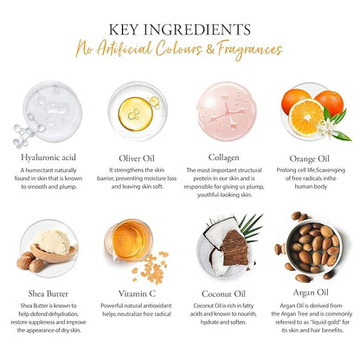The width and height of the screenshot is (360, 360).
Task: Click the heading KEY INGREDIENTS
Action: (x=179, y=29)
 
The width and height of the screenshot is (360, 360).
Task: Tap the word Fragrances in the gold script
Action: (x=250, y=49)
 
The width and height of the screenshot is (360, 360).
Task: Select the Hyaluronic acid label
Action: (x=48, y=157)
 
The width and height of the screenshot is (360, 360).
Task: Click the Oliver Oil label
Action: (x=137, y=158)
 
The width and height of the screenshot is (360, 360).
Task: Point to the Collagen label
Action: (x=223, y=157)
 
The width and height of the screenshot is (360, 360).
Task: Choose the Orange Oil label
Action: (x=309, y=158)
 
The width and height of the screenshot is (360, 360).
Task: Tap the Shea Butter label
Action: (x=48, y=293)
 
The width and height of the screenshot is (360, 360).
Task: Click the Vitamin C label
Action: (x=137, y=293)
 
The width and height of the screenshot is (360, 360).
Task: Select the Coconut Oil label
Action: (x=223, y=293)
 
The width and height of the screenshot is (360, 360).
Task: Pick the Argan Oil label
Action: (x=311, y=292)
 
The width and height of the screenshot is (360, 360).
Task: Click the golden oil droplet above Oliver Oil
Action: (x=136, y=113)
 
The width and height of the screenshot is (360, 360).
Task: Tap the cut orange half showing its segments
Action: (x=305, y=118)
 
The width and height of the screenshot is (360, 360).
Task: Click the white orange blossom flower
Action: (x=325, y=129)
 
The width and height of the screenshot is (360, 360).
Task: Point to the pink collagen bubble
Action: (x=226, y=112)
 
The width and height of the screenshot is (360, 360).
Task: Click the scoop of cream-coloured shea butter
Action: (x=54, y=242)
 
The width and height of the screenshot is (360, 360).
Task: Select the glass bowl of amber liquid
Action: (x=129, y=240)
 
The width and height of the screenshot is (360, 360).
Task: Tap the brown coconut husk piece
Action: (x=235, y=248)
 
